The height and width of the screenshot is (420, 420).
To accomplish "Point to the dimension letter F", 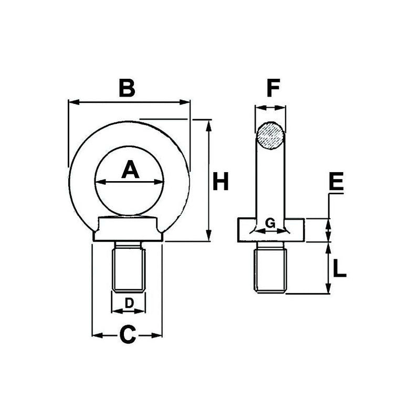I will (271, 88).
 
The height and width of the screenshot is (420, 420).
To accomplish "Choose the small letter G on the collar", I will (270, 223).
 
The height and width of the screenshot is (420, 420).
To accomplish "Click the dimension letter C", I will (128, 334).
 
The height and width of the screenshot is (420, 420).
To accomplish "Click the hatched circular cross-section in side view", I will (271, 136).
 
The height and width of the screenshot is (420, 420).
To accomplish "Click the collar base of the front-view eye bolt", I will (128, 230).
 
